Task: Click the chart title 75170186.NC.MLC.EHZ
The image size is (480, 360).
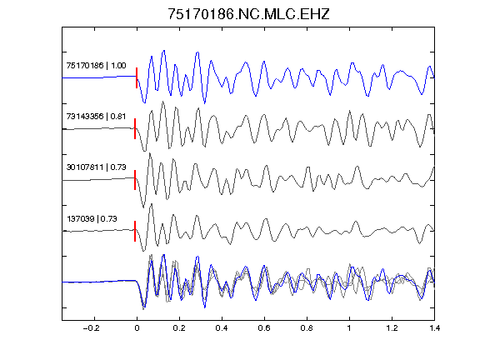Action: [248, 14]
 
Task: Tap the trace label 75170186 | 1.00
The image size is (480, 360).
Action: [96, 66]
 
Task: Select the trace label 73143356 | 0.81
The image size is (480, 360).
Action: [96, 117]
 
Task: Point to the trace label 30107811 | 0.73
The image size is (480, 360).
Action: [96, 167]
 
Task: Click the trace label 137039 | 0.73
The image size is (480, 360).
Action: [92, 218]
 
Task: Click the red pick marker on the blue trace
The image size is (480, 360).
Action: [137, 77]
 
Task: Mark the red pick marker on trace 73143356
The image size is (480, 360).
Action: [135, 129]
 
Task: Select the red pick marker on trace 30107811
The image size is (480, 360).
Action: [135, 180]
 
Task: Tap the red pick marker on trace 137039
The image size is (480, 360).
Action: [135, 231]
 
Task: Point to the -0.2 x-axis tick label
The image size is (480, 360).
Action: [91, 328]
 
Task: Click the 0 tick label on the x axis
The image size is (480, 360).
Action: [137, 328]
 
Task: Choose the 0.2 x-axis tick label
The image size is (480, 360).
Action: [179, 328]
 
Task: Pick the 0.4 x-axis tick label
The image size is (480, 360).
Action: [222, 328]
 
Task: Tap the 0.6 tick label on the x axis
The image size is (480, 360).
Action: [264, 328]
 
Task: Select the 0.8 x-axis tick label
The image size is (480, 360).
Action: [307, 328]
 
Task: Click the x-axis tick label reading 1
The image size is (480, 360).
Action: [349, 328]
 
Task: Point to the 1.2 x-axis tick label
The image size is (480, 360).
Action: [392, 328]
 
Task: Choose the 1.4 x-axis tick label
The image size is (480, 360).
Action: [434, 328]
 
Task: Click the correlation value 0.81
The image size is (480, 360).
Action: [118, 117]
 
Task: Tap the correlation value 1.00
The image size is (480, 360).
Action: [118, 66]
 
